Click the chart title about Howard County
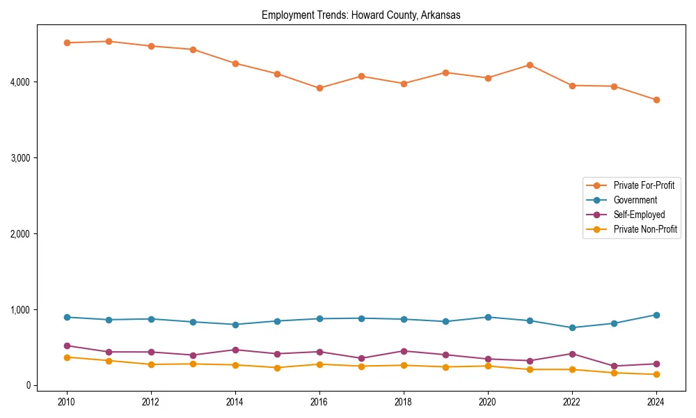point(361,15)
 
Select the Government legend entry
point(635,200)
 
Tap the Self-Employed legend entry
point(639,215)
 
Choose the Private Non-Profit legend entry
point(645,229)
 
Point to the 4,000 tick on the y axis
point(20,82)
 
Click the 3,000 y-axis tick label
point(20,158)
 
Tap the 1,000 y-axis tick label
point(20,309)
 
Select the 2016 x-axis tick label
point(319,402)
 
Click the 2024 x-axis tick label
point(656,402)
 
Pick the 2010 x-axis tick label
point(67,402)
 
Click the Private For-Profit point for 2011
point(109,41)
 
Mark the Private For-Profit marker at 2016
point(319,88)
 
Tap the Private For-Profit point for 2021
point(530,65)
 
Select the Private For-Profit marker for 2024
point(656,100)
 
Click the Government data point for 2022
point(572,327)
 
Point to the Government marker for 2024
point(656,315)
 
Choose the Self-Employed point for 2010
point(67,346)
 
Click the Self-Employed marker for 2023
point(614,366)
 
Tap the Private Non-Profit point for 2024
point(656,375)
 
